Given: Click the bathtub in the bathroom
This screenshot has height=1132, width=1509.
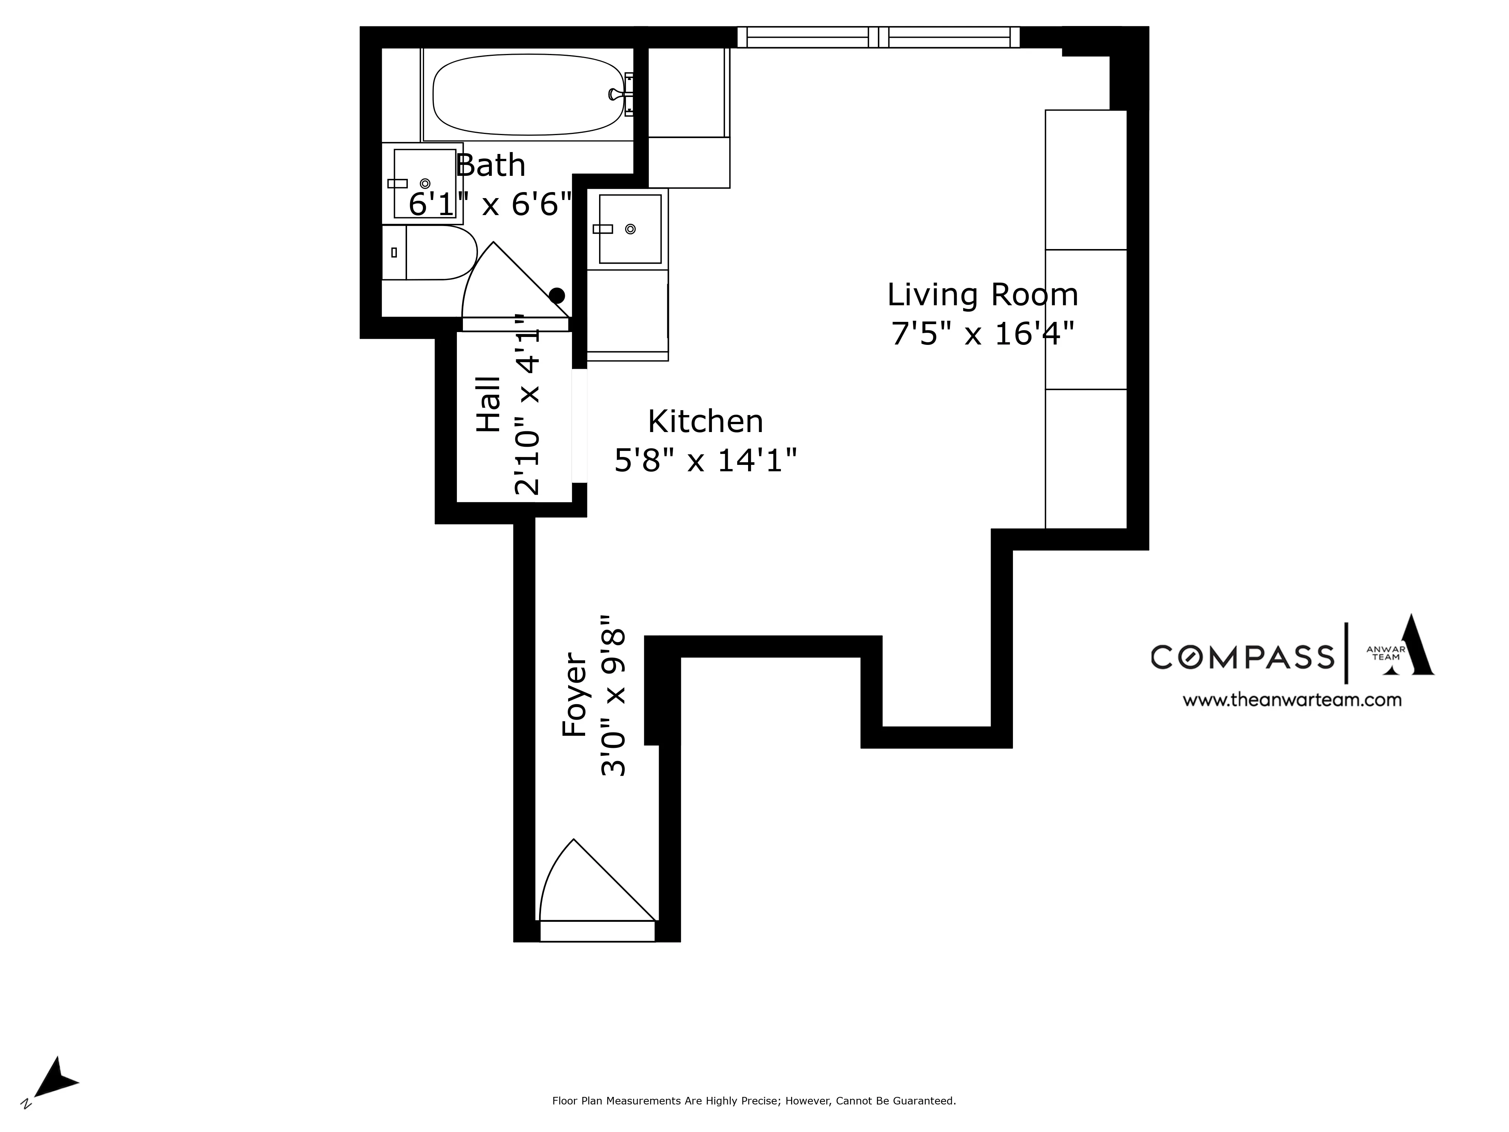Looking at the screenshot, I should [527, 94].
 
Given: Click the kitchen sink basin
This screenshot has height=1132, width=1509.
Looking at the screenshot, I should [630, 229].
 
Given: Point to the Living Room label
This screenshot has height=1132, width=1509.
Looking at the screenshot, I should [982, 295].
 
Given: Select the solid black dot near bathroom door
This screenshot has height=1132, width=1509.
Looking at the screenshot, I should [557, 295].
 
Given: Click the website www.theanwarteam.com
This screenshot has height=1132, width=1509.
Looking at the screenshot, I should [1291, 700].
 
